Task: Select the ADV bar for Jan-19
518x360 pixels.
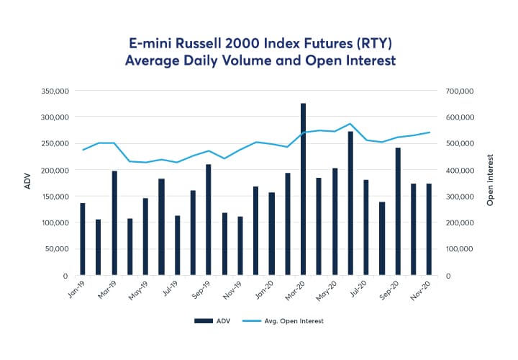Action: point(83,239)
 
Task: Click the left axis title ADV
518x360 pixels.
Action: point(28,183)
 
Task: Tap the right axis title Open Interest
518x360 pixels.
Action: point(490,181)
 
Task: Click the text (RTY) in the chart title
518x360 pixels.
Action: point(373,42)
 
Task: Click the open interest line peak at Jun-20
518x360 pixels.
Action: point(350,124)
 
